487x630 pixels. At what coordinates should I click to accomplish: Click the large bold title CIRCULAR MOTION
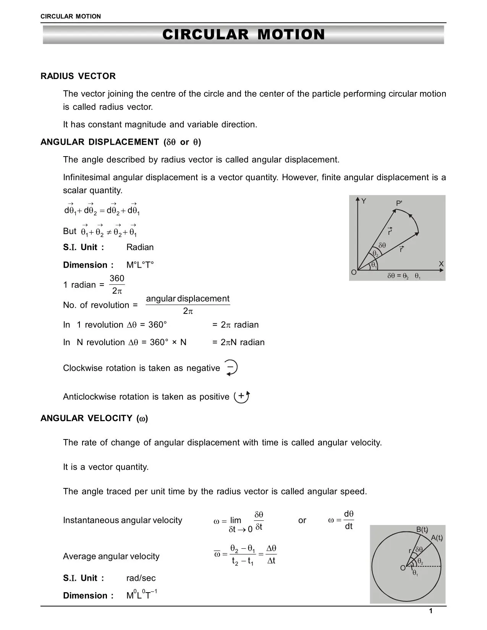coord(243,35)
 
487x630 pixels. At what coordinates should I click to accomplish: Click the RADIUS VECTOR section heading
coord(78,76)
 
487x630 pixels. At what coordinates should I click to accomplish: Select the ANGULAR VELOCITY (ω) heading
coord(94,418)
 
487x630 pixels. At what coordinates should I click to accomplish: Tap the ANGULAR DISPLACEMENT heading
coord(121,142)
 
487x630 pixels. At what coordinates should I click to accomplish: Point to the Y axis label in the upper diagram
coord(364,201)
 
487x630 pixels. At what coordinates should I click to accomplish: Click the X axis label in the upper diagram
coord(441,264)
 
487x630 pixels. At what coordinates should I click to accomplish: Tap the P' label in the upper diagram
coord(399,204)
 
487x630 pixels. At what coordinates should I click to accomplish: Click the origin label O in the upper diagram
coord(354,273)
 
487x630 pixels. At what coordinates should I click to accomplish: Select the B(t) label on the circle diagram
coord(422,530)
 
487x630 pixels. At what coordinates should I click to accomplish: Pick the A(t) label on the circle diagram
coord(437,538)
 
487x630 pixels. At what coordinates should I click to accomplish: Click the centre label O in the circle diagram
coord(403,568)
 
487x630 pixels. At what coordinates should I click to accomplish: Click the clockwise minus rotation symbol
coord(231,368)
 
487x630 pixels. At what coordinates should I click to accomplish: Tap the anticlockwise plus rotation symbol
coord(242,397)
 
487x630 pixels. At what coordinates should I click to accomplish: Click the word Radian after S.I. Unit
coord(140,247)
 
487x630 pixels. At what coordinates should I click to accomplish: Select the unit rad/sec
coord(141,578)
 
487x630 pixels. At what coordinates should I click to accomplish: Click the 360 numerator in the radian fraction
coord(117,278)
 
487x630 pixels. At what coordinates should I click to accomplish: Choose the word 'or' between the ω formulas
coord(302,520)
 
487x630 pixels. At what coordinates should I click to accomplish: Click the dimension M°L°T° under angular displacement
coord(140,265)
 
